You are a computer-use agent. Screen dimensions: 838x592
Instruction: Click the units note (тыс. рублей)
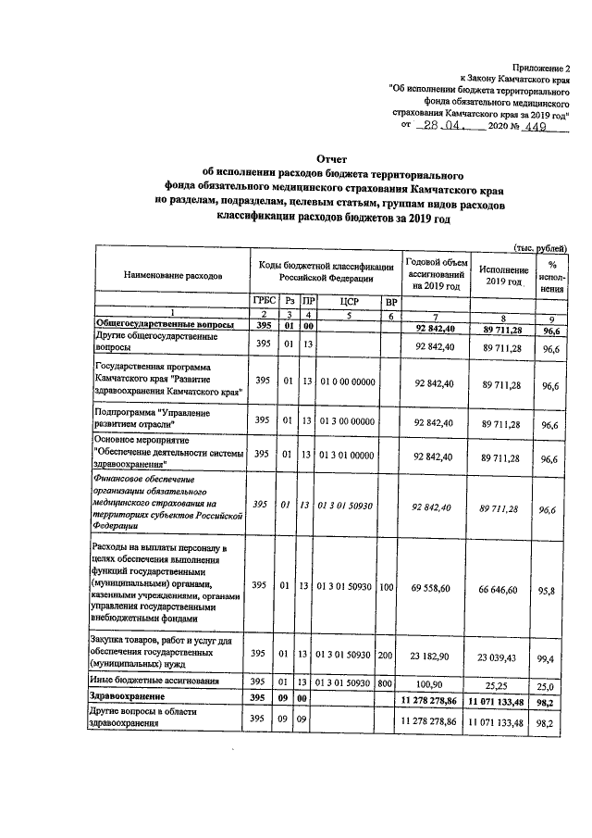tap(540, 248)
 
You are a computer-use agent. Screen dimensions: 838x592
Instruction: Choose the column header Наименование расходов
tap(173, 277)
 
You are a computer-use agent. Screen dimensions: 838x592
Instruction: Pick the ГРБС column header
tap(264, 302)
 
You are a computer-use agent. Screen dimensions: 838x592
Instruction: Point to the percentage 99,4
tap(553, 658)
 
